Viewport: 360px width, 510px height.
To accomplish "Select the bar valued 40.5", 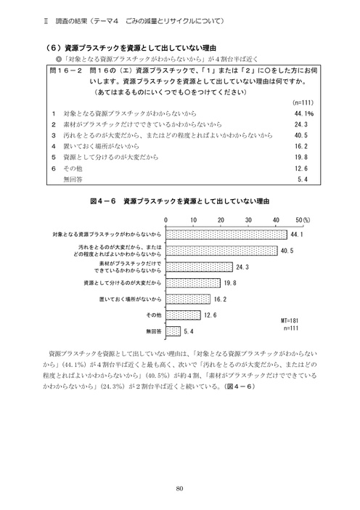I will pyautogui.click(x=221, y=251).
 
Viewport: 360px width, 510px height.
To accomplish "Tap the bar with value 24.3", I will pyautogui.click(x=199, y=267).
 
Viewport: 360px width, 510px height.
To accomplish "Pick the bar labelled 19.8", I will pyautogui.click(x=193, y=283).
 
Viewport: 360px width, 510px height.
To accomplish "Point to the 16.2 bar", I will pyautogui.click(x=188, y=299).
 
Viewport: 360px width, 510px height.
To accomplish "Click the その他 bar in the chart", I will pyautogui.click(x=183, y=315).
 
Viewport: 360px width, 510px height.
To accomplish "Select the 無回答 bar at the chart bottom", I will pyautogui.click(x=173, y=331).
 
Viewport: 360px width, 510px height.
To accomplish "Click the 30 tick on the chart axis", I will pyautogui.click(x=248, y=219).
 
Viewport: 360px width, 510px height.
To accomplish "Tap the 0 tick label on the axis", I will pyautogui.click(x=166, y=219).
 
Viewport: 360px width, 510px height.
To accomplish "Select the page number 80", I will pyautogui.click(x=179, y=488).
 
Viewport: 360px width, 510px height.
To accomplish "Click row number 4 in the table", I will pyautogui.click(x=54, y=145).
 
